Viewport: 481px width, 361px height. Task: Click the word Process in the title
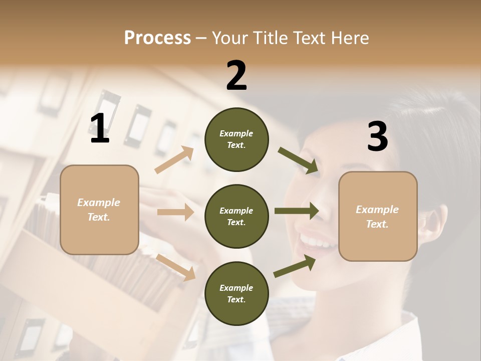157,38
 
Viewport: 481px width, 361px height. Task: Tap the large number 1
100,129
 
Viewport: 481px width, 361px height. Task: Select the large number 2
236,76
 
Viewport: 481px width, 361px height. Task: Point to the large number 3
377,137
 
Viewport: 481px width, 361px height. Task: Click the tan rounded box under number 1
99,210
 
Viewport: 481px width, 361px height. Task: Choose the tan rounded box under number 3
378,217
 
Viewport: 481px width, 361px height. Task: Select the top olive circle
236,139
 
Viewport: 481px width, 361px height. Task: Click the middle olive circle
236,216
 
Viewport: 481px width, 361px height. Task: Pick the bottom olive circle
236,293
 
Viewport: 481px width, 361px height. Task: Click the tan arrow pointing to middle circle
175,212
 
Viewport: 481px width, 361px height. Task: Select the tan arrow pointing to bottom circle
176,267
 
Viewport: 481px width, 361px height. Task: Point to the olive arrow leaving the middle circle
297,211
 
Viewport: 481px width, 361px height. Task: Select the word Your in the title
230,38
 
